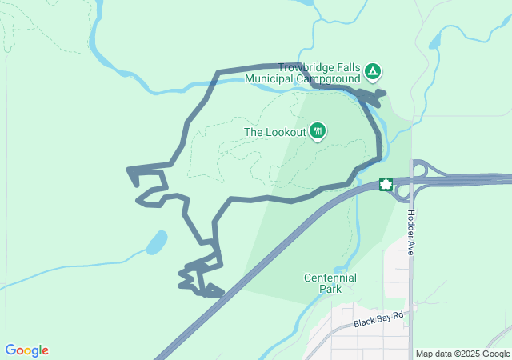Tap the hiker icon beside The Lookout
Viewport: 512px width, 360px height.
318,130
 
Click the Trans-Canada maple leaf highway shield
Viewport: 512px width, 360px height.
386,185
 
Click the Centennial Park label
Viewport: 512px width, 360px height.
330,283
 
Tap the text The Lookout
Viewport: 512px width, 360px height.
275,132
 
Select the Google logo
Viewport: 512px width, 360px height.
26,350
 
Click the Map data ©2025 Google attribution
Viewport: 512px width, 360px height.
462,354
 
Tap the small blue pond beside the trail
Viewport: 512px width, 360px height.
157,242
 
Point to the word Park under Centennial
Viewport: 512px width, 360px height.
330,289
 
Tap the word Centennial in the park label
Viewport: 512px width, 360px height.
330,278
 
